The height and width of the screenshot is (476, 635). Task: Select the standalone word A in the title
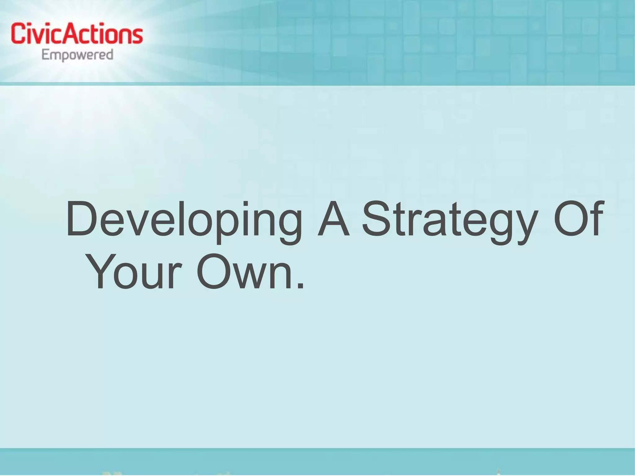[333, 220]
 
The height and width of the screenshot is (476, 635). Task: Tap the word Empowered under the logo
[77, 56]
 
